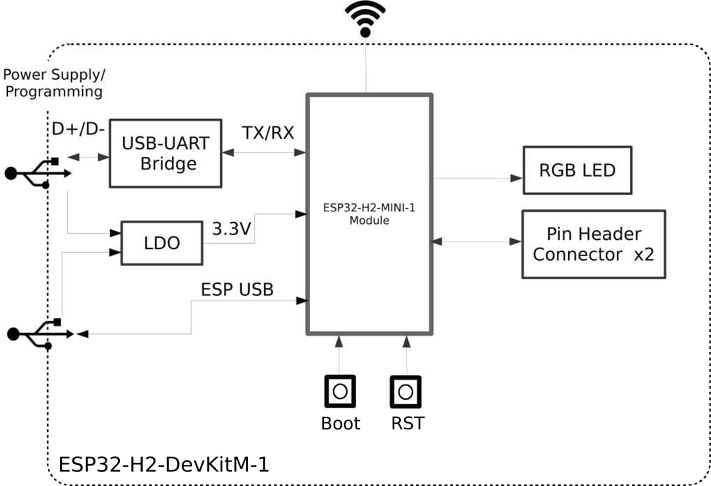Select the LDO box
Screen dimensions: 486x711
click(x=161, y=243)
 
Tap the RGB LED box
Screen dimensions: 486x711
click(x=577, y=170)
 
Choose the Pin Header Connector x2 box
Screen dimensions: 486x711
click(x=593, y=244)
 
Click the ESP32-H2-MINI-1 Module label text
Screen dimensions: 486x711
click(x=369, y=214)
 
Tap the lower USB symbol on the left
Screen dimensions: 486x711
click(x=39, y=334)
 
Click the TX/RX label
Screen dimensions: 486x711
click(x=268, y=134)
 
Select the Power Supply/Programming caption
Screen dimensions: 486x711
click(x=53, y=83)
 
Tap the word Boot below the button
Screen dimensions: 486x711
click(x=340, y=423)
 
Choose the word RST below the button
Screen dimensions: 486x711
click(x=408, y=423)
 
